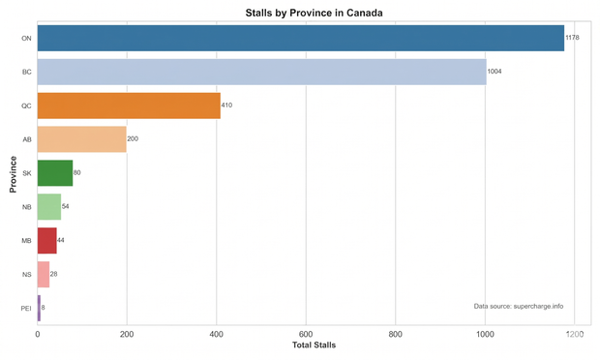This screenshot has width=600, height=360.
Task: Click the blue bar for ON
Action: tap(301, 38)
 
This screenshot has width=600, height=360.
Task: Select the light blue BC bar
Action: tap(262, 72)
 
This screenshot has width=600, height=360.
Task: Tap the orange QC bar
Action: tap(129, 105)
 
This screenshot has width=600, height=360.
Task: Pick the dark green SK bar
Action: tap(55, 173)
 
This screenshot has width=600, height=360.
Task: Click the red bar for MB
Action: tap(47, 241)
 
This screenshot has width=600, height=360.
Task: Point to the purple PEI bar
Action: tap(39, 308)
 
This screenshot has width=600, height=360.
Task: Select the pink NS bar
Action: tap(44, 274)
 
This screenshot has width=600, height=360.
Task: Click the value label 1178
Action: tap(573, 38)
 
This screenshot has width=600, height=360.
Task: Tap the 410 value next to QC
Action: tap(226, 105)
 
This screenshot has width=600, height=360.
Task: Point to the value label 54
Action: tap(66, 206)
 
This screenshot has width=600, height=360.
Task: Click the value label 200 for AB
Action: tap(133, 139)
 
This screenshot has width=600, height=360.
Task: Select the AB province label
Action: tap(27, 139)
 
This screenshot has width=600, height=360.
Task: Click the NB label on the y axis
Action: tap(27, 207)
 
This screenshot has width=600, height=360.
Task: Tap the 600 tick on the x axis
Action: tap(306, 335)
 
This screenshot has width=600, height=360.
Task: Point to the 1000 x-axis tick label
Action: tap(485, 335)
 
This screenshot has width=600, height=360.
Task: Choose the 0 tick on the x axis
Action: tap(38, 335)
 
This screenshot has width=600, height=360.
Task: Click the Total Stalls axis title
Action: tap(315, 345)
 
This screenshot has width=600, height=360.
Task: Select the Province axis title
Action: tap(13, 174)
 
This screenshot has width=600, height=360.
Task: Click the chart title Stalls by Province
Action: tap(314, 13)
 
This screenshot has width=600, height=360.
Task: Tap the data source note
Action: tap(519, 306)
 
